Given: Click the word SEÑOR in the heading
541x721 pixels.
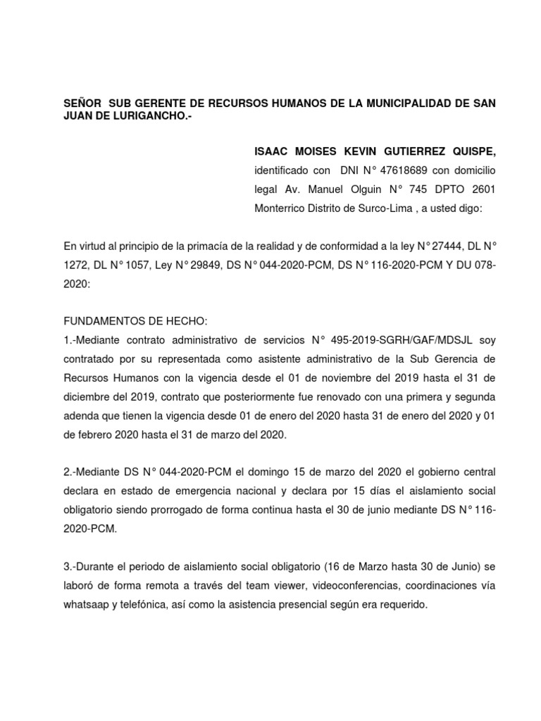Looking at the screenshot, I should (82, 104).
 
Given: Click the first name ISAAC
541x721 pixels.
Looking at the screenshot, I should (271, 152).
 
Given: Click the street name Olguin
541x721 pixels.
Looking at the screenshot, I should (368, 189).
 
